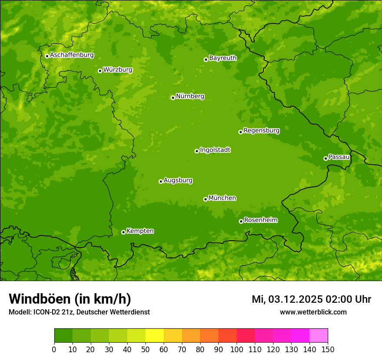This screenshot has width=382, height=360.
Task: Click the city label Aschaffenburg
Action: pos(72,55)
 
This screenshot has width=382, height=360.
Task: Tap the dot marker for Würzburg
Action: pos(100,71)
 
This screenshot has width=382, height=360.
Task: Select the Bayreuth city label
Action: pos(223,58)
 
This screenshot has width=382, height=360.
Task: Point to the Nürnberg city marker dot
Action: pos(173,98)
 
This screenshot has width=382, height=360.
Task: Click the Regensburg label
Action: pos(261,131)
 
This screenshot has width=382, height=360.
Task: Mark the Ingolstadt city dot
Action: pos(197,151)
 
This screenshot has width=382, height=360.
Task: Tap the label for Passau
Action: pos(339,157)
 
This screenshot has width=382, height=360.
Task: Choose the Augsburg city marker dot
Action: pos(161,181)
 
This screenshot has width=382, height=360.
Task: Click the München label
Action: pos(222,198)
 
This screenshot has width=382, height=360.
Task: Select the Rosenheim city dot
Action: pos(241,221)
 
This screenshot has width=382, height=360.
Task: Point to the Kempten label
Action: pos(140,231)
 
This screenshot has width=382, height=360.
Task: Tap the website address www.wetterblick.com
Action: pos(313,312)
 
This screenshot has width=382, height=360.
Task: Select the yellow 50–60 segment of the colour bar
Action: pos(155,335)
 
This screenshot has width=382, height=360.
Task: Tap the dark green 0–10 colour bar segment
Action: pos(63,335)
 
